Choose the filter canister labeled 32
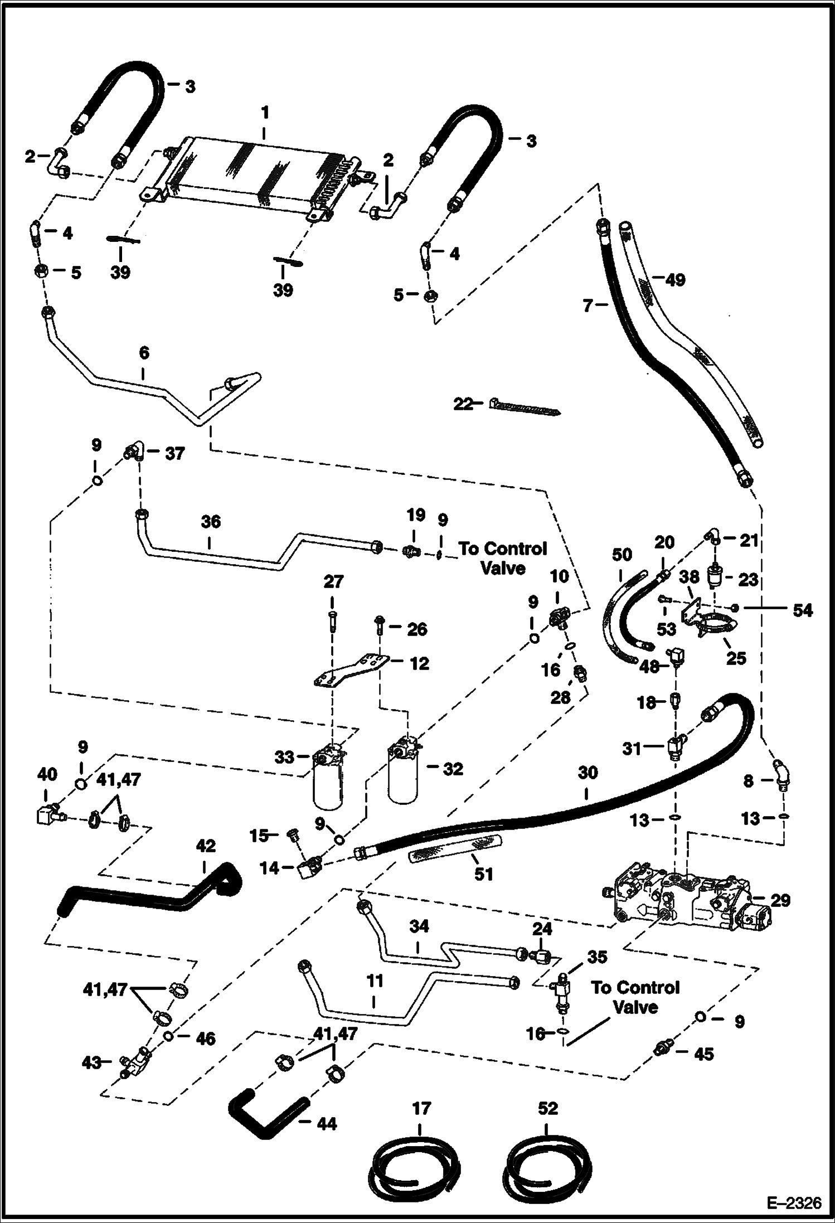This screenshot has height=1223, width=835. point(405,772)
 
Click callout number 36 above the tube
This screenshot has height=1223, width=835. point(211,522)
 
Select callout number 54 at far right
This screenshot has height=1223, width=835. point(802,610)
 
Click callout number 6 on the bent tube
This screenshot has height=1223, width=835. point(144,353)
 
